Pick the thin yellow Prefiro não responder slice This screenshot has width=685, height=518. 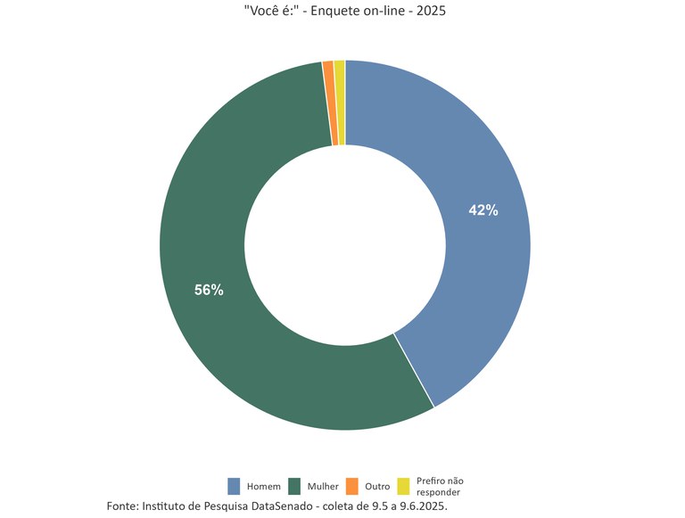click(x=340, y=103)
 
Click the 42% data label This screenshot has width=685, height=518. click(x=483, y=210)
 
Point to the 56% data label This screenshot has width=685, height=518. click(x=210, y=290)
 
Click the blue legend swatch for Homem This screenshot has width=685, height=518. click(x=235, y=486)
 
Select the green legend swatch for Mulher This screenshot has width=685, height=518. click(x=294, y=486)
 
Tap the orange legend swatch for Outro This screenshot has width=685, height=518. click(x=352, y=486)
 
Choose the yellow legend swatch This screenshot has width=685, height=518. click(x=403, y=486)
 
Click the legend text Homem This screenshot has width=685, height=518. click(x=264, y=487)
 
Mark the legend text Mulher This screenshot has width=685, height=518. click(x=323, y=487)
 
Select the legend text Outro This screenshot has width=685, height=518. click(x=378, y=487)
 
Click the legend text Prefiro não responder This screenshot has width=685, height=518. click(x=440, y=487)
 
